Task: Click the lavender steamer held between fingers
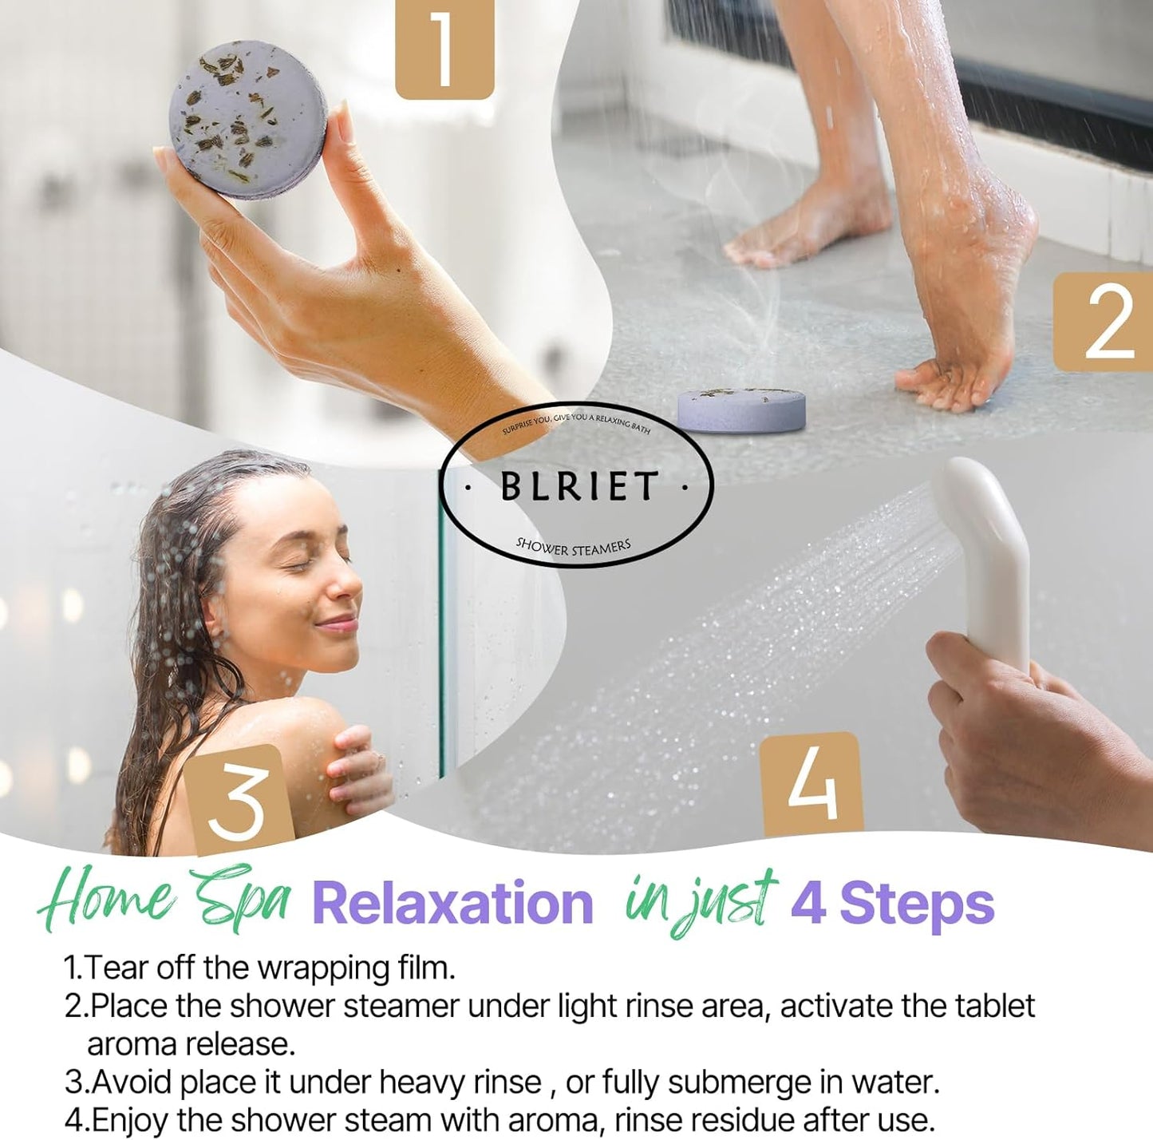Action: tap(248, 120)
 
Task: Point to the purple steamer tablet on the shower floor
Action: tap(741, 409)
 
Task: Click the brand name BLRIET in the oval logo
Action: tap(578, 486)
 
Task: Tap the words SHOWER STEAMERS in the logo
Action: tap(573, 547)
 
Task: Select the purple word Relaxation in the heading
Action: tap(452, 904)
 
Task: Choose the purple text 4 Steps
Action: tap(892, 904)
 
